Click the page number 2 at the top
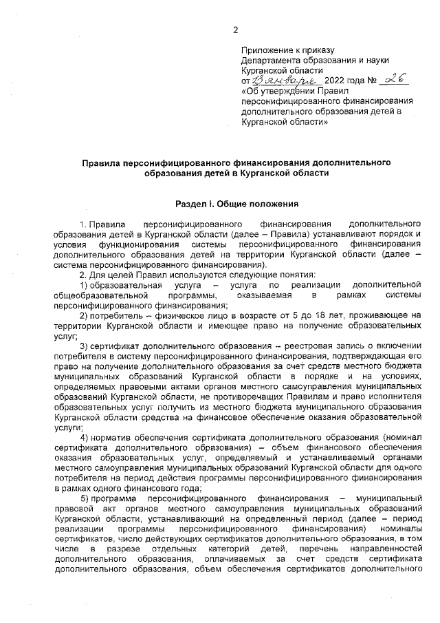235,30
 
